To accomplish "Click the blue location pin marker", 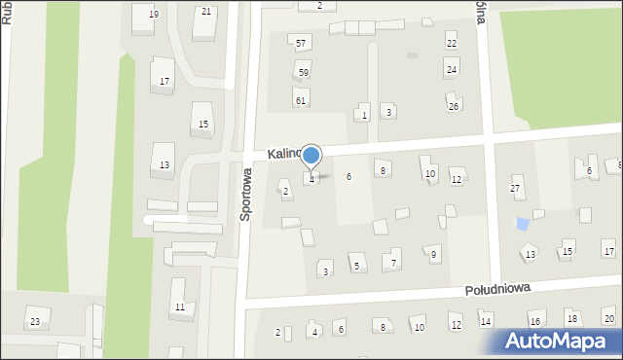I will coord(311,156).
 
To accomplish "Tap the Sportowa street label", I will coord(246,195).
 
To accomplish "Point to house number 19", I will coord(153,15).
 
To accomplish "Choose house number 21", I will coord(205,12).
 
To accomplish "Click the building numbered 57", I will coord(302,44).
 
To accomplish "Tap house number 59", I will coord(304,73).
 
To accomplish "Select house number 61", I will coord(301,100).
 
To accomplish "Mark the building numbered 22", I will coord(451,44).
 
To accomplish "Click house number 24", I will coord(451,70).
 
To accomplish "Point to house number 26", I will coord(453,106).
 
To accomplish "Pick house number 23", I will coord(35,322).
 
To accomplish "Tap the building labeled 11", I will coord(179,307).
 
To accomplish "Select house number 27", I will coord(516,187).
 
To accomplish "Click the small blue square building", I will coord(523,224).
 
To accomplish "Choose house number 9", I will coord(434,254).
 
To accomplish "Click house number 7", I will coord(393,263).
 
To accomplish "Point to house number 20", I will coord(607,319).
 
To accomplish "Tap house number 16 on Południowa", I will coord(534,321).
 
